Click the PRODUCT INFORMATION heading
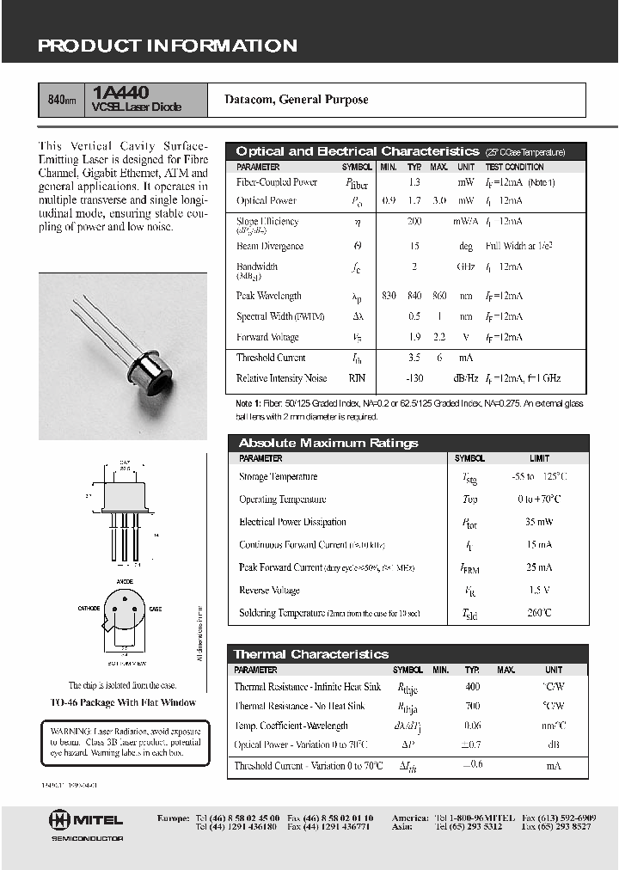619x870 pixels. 167,46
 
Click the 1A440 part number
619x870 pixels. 123,92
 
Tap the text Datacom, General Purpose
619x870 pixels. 296,100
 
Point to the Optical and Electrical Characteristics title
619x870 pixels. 357,151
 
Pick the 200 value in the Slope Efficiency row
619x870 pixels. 414,222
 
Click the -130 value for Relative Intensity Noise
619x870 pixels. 414,378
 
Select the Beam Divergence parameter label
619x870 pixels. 270,246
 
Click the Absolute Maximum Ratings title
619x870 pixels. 328,443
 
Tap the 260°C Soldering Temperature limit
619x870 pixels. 539,613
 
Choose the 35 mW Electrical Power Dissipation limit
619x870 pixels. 539,522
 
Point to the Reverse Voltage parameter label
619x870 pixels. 269,591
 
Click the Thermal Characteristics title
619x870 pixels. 310,654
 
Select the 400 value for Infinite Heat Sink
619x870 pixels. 472,687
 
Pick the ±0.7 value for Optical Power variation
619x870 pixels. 472,744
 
